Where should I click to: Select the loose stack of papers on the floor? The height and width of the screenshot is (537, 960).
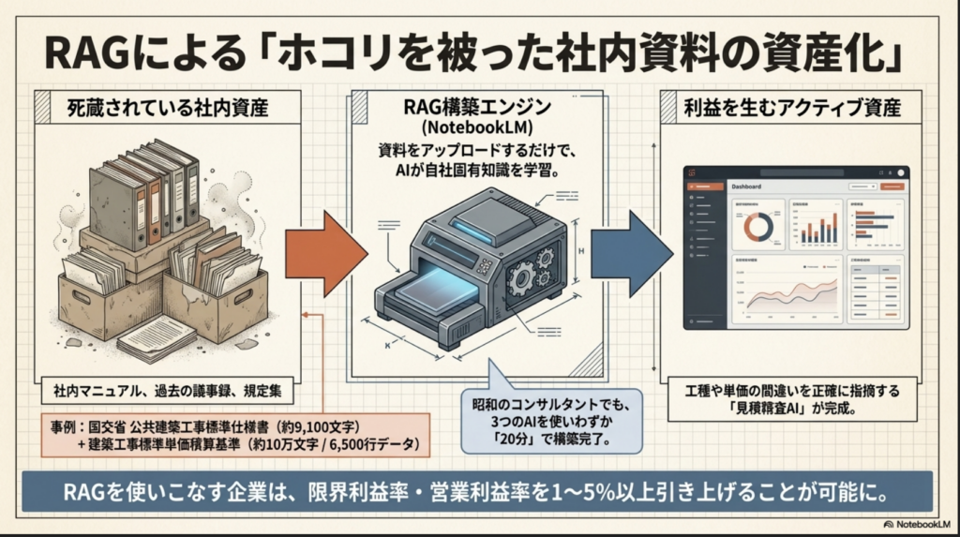[156, 338]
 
